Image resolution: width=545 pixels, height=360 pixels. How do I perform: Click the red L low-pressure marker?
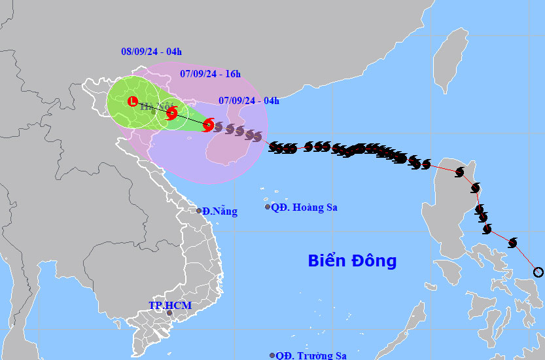(x=133, y=102)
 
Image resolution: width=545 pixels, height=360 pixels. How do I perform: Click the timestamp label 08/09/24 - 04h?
(x=151, y=51)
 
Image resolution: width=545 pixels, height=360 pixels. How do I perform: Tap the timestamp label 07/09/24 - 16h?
(x=210, y=74)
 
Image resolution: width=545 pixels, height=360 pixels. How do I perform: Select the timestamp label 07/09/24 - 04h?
(x=249, y=100)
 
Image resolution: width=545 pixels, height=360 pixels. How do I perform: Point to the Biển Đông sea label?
(x=352, y=261)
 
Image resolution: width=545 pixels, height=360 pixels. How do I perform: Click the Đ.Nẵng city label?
(x=220, y=211)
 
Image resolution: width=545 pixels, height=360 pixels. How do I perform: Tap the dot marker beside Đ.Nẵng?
(x=199, y=211)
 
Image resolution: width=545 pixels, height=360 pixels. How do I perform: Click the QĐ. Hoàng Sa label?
(x=304, y=207)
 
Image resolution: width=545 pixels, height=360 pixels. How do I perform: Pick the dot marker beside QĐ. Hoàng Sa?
(x=267, y=207)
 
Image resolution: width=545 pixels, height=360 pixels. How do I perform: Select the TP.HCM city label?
(x=165, y=305)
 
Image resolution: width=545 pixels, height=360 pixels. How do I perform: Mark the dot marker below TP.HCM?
(x=169, y=313)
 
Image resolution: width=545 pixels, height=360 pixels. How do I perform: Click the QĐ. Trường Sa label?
(x=311, y=355)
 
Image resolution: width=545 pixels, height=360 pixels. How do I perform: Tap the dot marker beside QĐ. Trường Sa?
(x=272, y=355)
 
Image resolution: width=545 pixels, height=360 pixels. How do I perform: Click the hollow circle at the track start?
(x=538, y=272)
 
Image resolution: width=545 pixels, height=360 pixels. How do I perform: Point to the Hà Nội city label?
(x=155, y=107)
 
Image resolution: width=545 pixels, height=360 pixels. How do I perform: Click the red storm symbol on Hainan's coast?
(x=208, y=124)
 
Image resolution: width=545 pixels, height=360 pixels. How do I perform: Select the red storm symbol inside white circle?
(x=171, y=113)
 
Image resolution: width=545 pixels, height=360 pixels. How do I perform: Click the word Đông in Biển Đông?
(x=374, y=261)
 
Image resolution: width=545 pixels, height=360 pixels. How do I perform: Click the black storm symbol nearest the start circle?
(x=513, y=243)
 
